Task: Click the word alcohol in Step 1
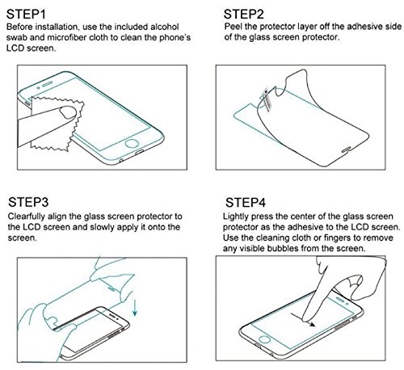pos(174,29)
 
